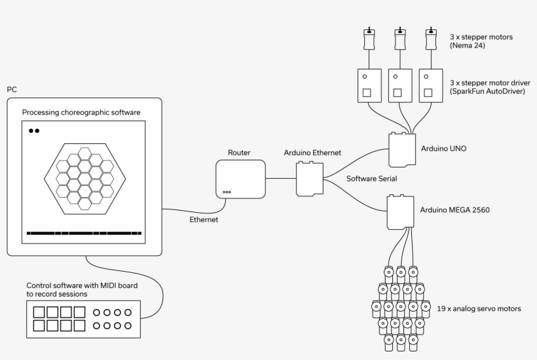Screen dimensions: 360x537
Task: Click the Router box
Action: [x=240, y=179]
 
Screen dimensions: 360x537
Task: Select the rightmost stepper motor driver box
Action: [x=430, y=85]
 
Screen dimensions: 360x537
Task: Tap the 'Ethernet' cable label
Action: [x=204, y=220]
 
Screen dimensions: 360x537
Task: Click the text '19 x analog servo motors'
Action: [x=479, y=307]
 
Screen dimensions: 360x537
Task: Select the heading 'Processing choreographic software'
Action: [x=81, y=113]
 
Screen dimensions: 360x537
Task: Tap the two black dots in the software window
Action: [x=34, y=131]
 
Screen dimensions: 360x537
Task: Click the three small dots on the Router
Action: [x=227, y=192]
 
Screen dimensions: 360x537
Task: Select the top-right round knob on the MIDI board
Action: [x=128, y=312]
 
